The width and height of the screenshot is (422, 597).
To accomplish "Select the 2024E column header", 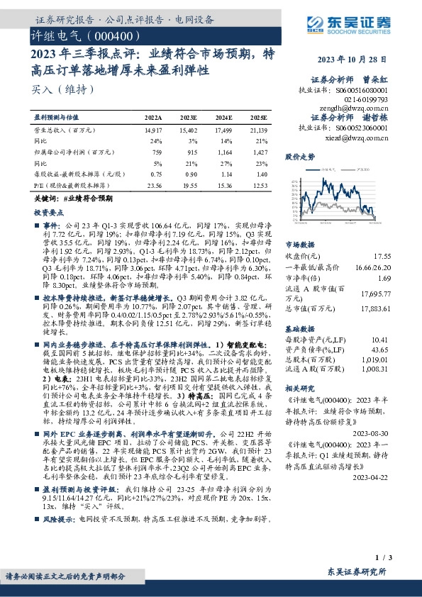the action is pyautogui.click(x=224, y=117).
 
